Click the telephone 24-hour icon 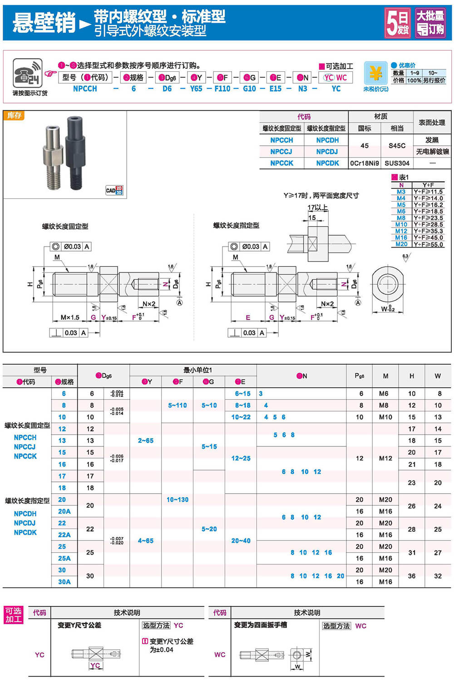pos(28,73)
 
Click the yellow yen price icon pos(375,73)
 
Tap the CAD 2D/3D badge pos(114,190)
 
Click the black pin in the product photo pos(75,150)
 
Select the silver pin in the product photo pos(53,157)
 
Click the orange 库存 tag pos(14,115)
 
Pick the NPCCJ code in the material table pos(281,152)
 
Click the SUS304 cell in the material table pos(397,163)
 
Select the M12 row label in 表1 pos(401,231)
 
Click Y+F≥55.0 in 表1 pos(428,244)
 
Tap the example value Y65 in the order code pos(196,89)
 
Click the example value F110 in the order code pos(222,89)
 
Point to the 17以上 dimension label pos(317,208)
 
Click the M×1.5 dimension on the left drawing pos(70,317)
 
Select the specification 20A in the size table pos(64,511)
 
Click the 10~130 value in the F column pos(178,500)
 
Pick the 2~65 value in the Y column pos(146,440)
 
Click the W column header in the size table pos(438,376)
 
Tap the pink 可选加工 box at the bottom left pos(14,615)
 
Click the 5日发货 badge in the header pos(398,23)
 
